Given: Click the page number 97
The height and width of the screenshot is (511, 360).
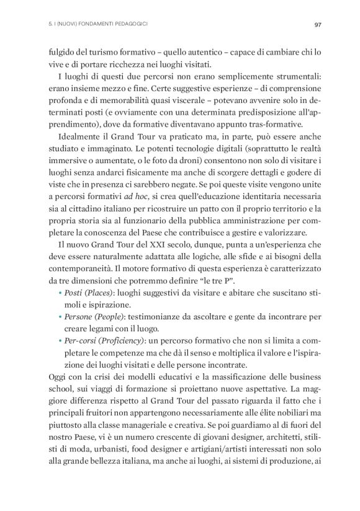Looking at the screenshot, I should point(317,25).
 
